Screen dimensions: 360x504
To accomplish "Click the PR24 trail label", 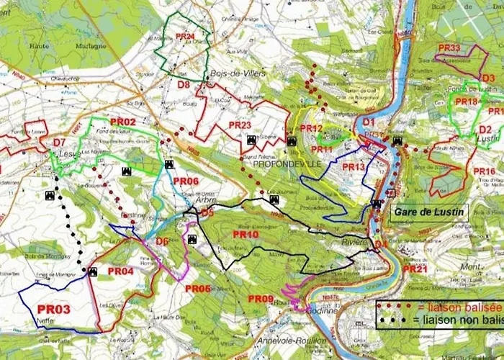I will (185, 36).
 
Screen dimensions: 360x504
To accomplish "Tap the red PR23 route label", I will (239, 125).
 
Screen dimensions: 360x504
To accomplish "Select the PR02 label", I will (122, 122).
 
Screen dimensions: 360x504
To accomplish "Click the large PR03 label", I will (53, 310).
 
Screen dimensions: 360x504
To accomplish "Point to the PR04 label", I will (120, 271).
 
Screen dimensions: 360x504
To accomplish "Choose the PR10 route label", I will (246, 235).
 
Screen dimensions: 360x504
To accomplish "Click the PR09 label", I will (260, 299).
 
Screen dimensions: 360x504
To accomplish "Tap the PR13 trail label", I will (354, 167).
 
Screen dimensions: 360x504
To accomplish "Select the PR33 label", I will (449, 48).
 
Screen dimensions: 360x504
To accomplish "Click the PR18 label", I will (466, 102).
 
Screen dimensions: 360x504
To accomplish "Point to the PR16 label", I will (484, 171).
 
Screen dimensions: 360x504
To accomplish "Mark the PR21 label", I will (415, 269).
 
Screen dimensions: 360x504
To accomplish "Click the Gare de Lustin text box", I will (429, 212).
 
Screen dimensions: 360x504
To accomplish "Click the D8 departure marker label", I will (184, 85).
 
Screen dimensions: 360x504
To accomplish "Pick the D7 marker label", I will (59, 143).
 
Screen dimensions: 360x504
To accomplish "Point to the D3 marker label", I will (487, 78).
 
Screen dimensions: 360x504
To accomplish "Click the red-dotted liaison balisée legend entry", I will (439, 307).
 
